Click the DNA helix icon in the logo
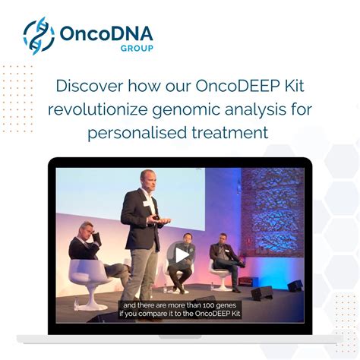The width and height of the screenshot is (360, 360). tap(39, 36)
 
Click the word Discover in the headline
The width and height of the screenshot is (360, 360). tap(89, 85)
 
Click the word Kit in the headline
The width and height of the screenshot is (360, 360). tap(292, 85)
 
